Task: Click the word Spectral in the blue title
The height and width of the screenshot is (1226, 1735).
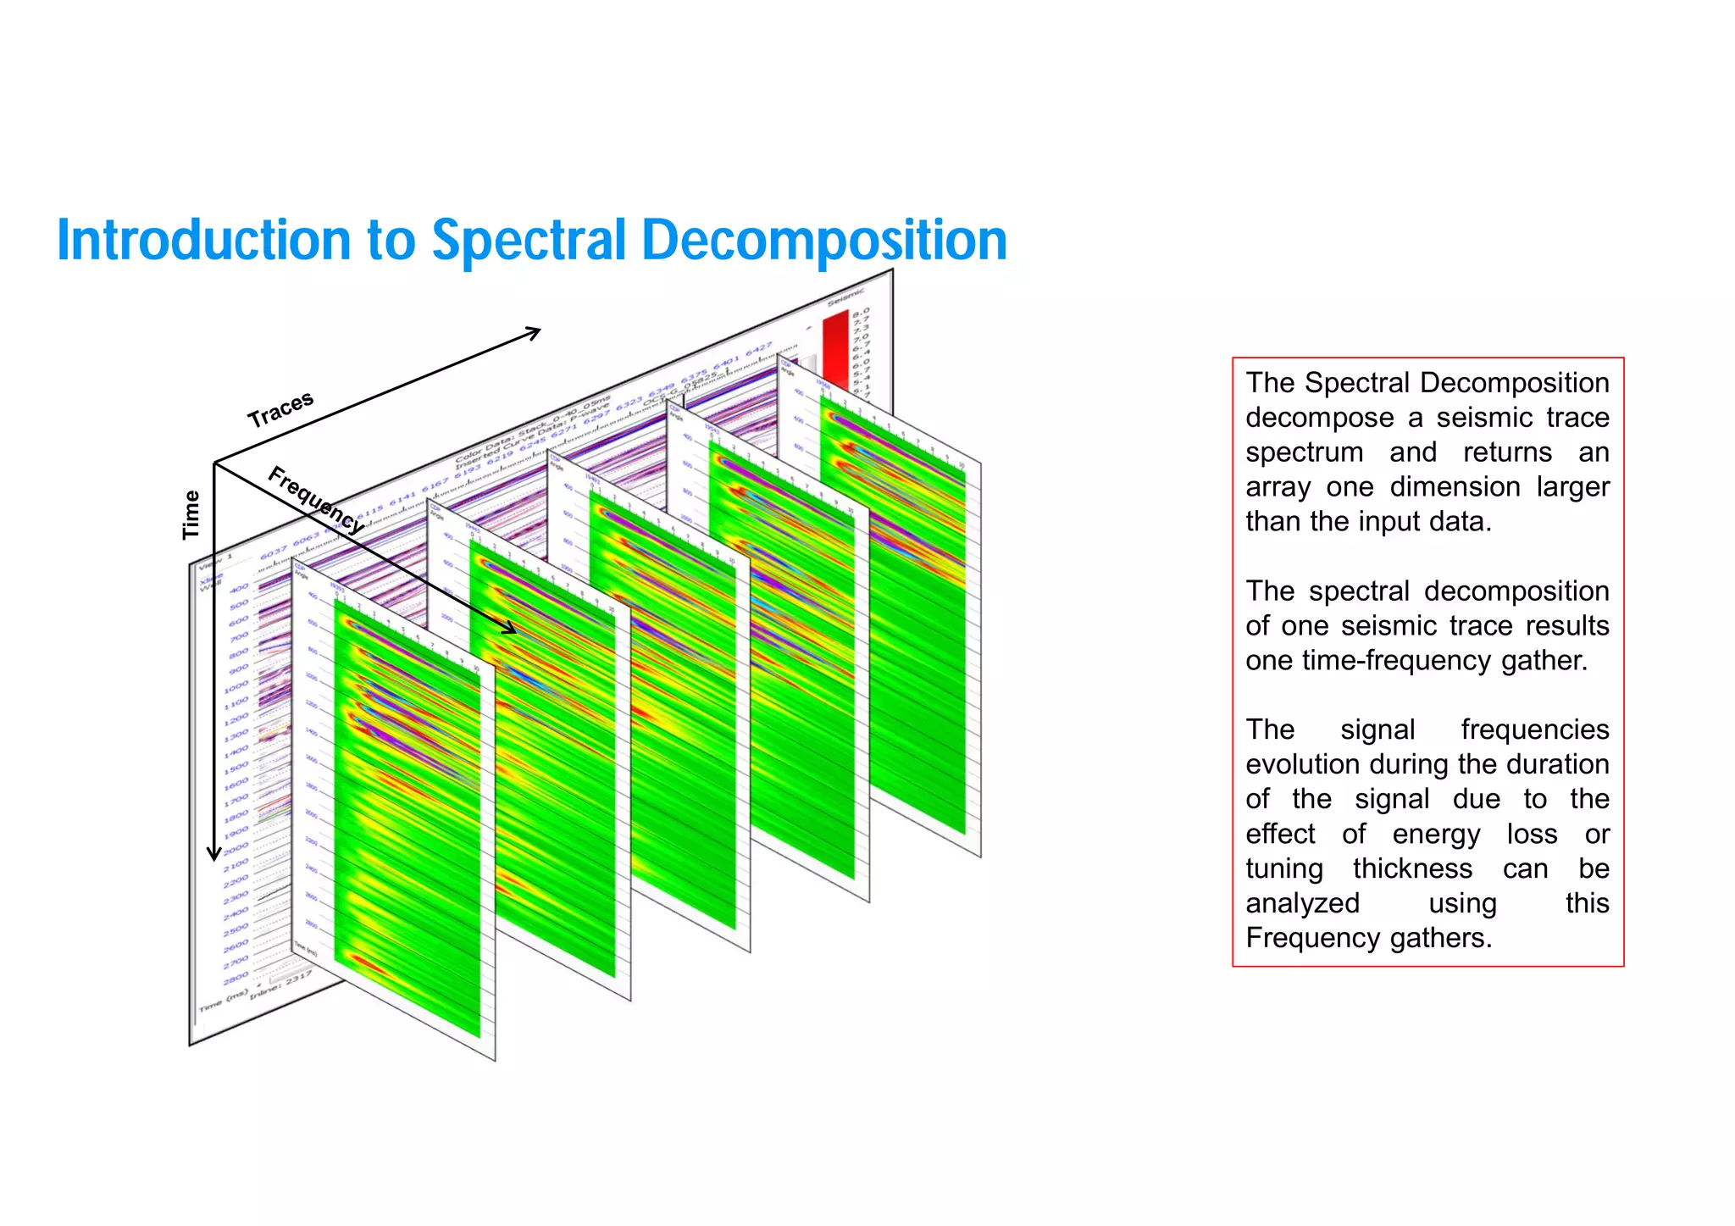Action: [x=529, y=241]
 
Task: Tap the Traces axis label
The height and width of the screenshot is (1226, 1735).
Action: [x=280, y=410]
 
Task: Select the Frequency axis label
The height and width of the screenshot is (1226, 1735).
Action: [x=316, y=500]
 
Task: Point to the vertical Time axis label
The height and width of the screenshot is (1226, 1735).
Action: [x=191, y=514]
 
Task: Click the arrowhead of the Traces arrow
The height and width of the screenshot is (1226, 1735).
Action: [x=534, y=331]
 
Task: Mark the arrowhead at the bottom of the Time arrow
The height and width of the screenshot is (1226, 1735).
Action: [x=214, y=853]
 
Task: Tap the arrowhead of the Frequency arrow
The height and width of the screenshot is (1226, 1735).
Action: [x=508, y=628]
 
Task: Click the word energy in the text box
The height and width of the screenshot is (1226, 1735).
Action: [x=1436, y=835]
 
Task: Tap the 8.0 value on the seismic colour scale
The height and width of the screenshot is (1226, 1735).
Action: [x=861, y=313]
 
